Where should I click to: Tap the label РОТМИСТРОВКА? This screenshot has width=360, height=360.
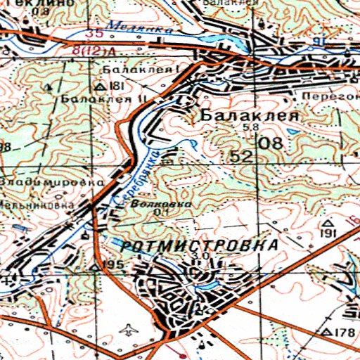point(199,245)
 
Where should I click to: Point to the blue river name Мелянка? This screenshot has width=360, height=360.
point(130,27)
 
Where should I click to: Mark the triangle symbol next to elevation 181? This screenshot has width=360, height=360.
point(100,86)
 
